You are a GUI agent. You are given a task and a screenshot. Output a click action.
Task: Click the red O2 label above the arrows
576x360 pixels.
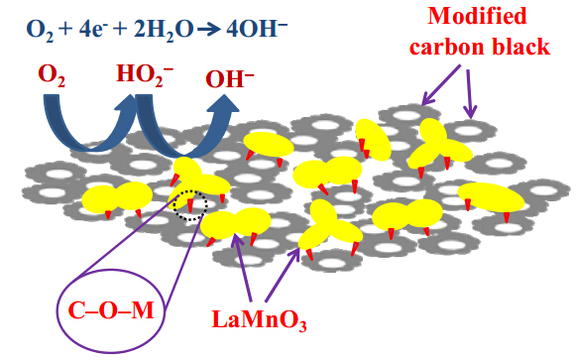(52, 76)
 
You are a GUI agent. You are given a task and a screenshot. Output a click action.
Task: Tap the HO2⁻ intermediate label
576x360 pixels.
(145, 75)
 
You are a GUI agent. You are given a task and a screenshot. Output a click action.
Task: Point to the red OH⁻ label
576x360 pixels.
(230, 78)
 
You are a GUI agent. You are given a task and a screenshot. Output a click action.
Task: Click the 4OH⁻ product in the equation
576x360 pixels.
(257, 30)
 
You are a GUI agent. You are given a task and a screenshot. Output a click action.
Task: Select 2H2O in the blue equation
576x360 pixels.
(164, 31)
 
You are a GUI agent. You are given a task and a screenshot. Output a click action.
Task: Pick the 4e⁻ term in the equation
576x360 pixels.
(91, 30)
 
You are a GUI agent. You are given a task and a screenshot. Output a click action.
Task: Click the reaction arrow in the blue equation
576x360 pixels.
(209, 30)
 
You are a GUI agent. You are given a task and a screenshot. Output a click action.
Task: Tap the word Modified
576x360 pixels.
(477, 16)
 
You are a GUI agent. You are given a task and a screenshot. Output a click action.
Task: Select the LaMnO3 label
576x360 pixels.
(259, 320)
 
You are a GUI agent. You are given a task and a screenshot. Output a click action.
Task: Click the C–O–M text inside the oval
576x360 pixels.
(111, 310)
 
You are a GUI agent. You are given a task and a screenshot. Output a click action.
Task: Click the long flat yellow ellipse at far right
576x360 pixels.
(491, 197)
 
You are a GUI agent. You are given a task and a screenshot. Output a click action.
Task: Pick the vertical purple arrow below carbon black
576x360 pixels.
(470, 93)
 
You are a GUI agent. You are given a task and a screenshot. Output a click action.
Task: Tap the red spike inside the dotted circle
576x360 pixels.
(190, 205)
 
